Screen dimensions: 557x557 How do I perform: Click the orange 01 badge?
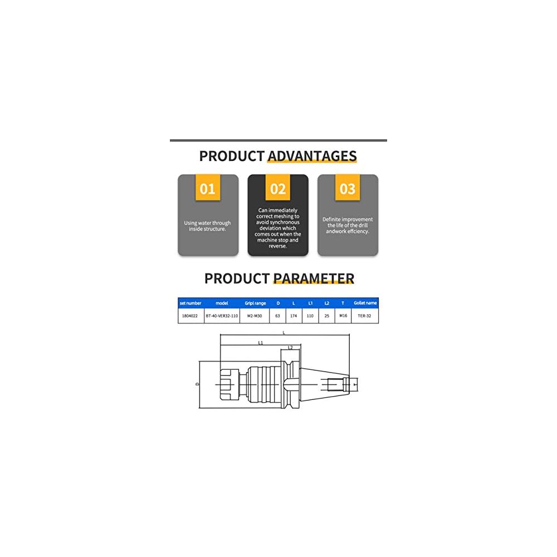[x=207, y=188]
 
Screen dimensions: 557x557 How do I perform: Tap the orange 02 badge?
[x=277, y=188]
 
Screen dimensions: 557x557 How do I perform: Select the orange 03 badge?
[x=348, y=188]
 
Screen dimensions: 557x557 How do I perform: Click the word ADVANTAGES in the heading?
[x=312, y=156]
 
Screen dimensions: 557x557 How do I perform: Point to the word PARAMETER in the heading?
[x=314, y=278]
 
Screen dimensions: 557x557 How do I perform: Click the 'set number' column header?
[x=190, y=303]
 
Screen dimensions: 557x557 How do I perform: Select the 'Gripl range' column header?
[x=256, y=303]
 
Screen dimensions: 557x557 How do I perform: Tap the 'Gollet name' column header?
[x=365, y=303]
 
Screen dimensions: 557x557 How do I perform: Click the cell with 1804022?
[x=190, y=316]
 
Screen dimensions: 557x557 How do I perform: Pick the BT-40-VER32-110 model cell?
[x=222, y=316]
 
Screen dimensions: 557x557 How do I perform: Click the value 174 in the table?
[x=294, y=316]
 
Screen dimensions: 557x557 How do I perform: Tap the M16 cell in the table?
[x=343, y=316]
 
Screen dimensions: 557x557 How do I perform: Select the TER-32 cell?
[x=365, y=316]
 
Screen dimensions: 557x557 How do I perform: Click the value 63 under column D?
[x=278, y=316]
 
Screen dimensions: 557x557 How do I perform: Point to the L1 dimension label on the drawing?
[x=261, y=343]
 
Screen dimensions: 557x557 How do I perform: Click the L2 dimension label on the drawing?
[x=290, y=348]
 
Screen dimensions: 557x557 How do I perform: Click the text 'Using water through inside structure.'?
[x=207, y=226]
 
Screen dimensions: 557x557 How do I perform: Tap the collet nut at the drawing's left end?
[x=229, y=384]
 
